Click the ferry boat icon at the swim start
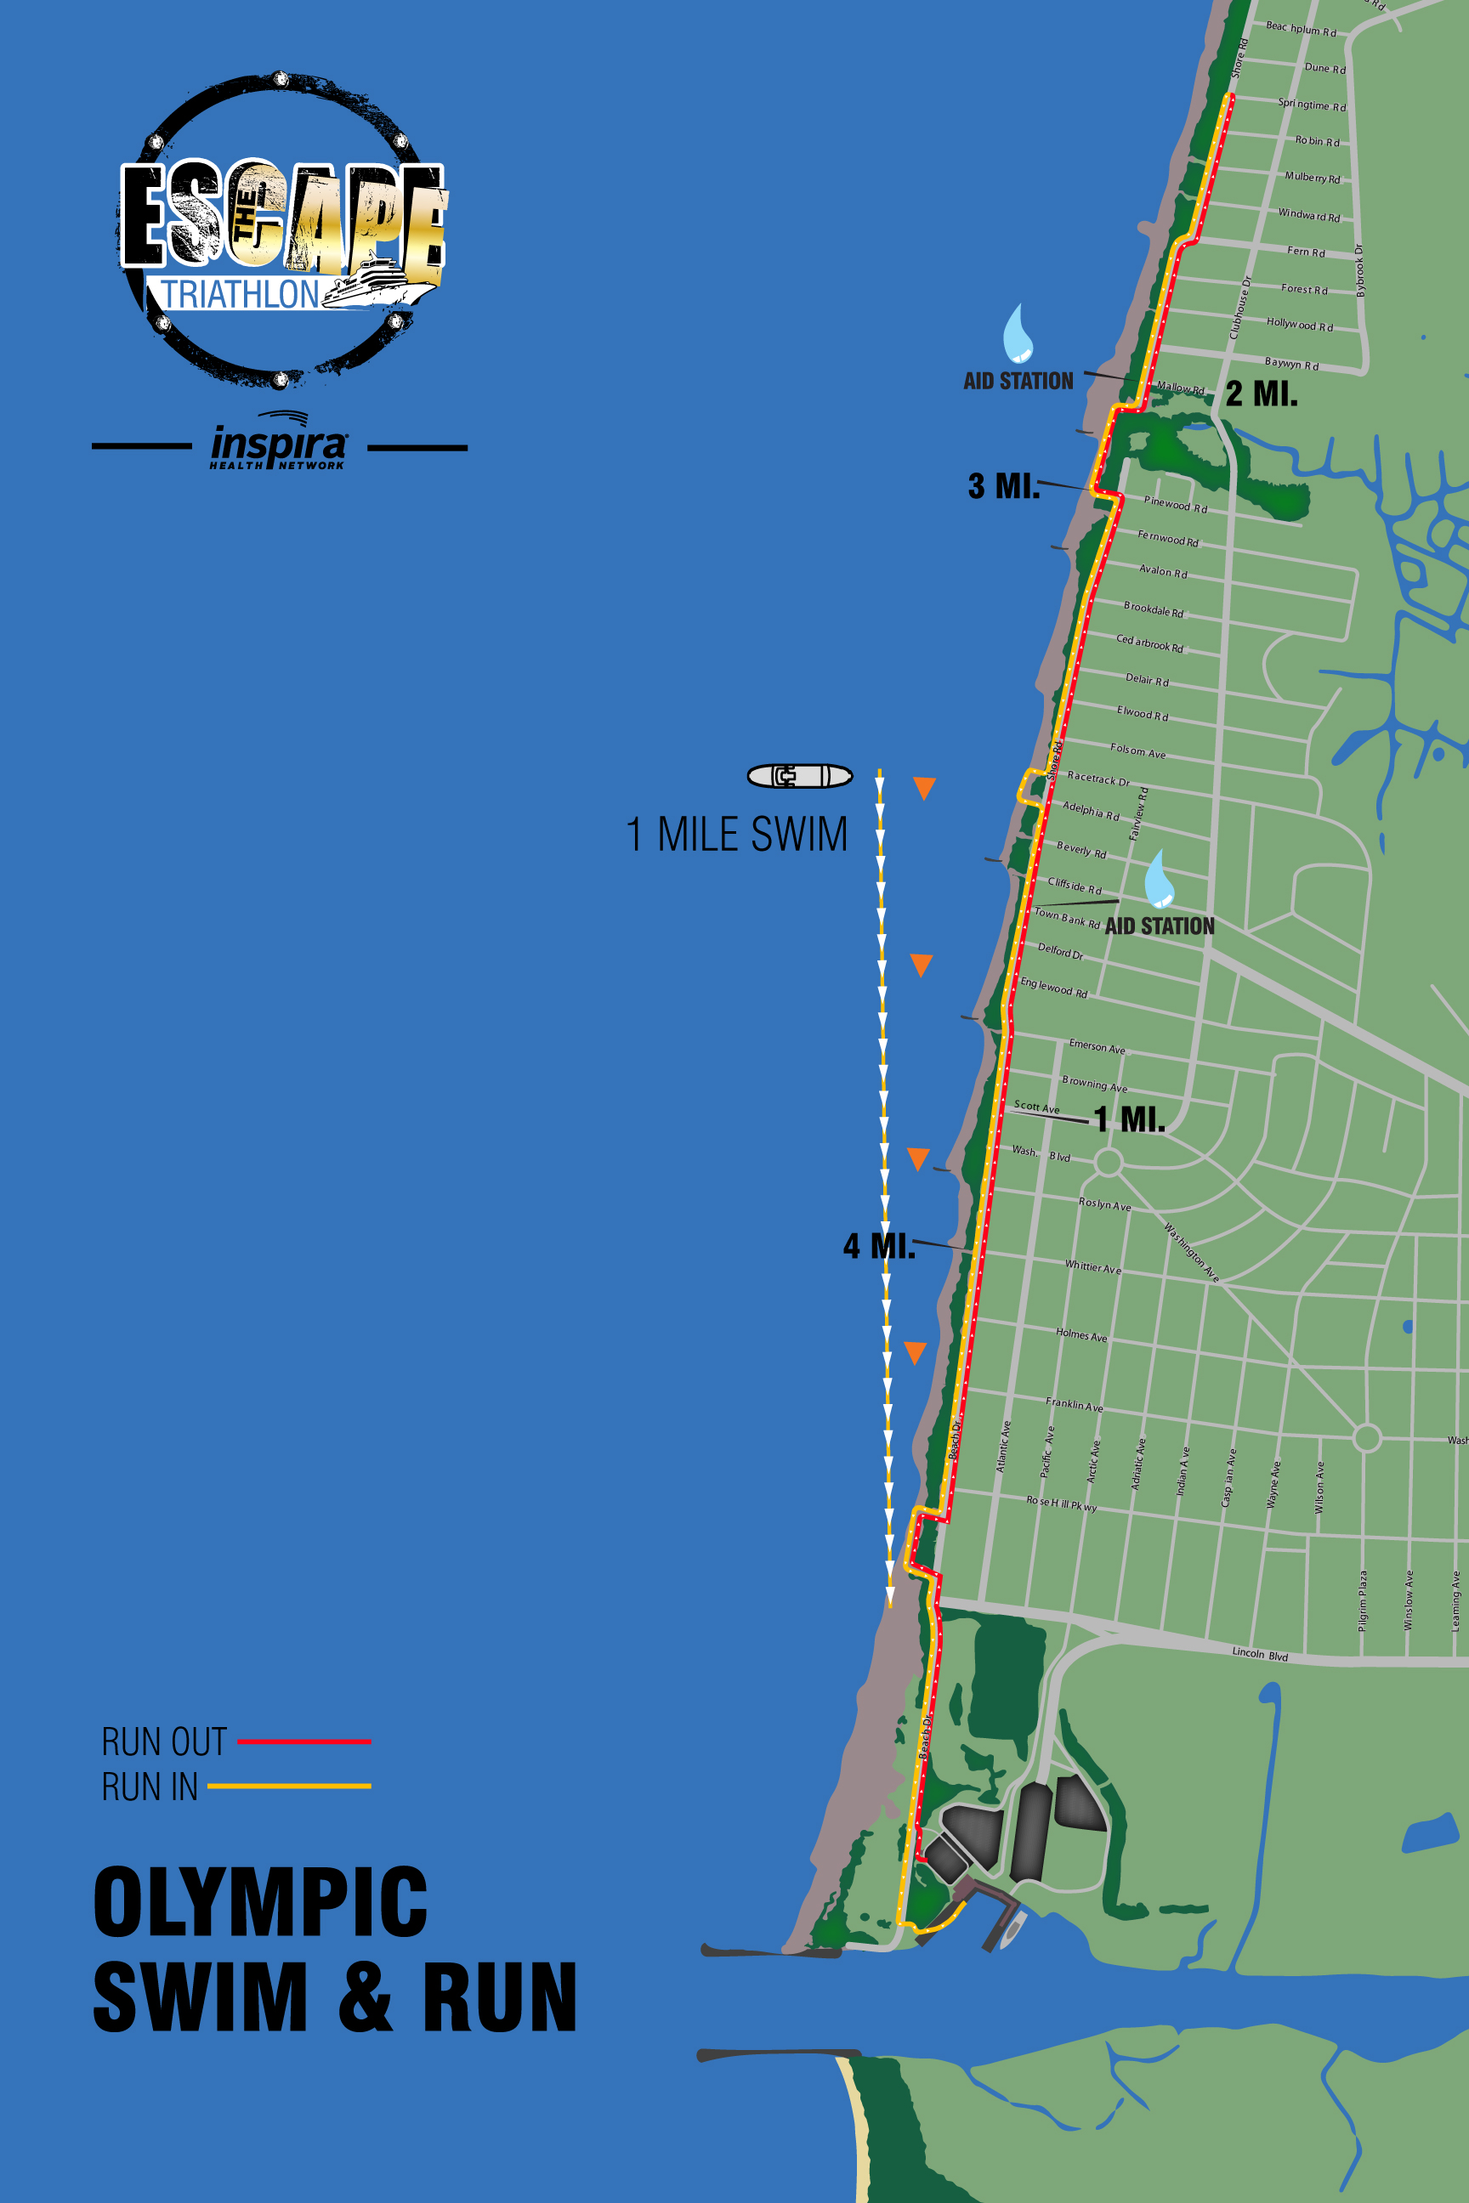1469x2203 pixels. pyautogui.click(x=799, y=775)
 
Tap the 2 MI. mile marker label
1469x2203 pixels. pyautogui.click(x=1261, y=394)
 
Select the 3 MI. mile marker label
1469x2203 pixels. pyautogui.click(x=1003, y=486)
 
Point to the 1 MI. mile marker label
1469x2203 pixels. pyautogui.click(x=1129, y=1118)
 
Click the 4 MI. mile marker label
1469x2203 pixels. pyautogui.click(x=879, y=1246)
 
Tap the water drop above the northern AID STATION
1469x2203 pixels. pyautogui.click(x=1018, y=333)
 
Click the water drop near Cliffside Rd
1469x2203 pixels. pyautogui.click(x=1159, y=879)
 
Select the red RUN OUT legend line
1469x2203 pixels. pyautogui.click(x=303, y=1741)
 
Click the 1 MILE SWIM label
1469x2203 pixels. pyautogui.click(x=736, y=834)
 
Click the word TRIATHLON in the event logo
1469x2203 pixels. pyautogui.click(x=241, y=294)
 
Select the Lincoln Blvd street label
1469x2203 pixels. pyautogui.click(x=1259, y=1654)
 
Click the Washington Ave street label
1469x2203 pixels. pyautogui.click(x=1191, y=1251)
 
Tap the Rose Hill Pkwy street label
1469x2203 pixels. pyautogui.click(x=1061, y=1504)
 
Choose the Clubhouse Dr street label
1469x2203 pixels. pyautogui.click(x=1239, y=307)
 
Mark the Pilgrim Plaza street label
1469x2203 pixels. pyautogui.click(x=1362, y=1600)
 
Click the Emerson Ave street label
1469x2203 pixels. pyautogui.click(x=1096, y=1046)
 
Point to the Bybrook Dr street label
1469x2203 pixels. pyautogui.click(x=1359, y=269)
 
